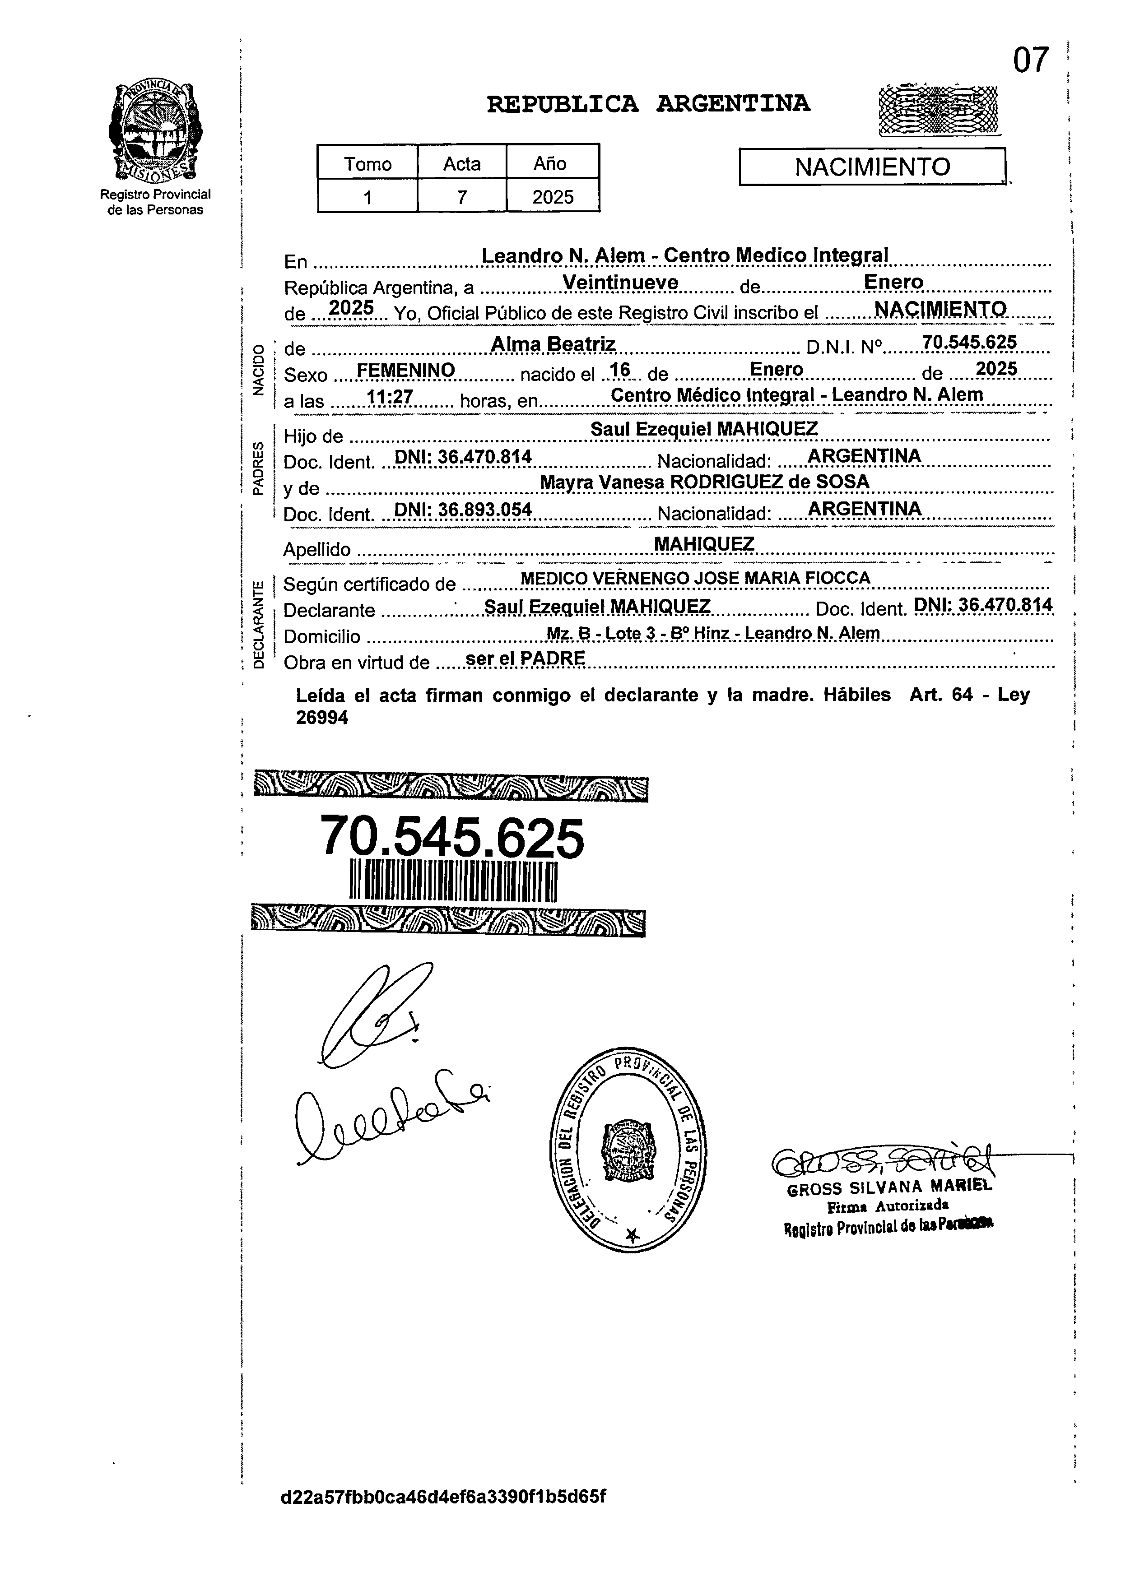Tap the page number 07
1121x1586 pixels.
click(1030, 61)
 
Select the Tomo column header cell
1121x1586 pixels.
click(367, 164)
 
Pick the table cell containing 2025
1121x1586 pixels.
click(553, 197)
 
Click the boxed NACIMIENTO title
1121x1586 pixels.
click(872, 167)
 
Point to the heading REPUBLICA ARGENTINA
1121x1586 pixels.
click(648, 104)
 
